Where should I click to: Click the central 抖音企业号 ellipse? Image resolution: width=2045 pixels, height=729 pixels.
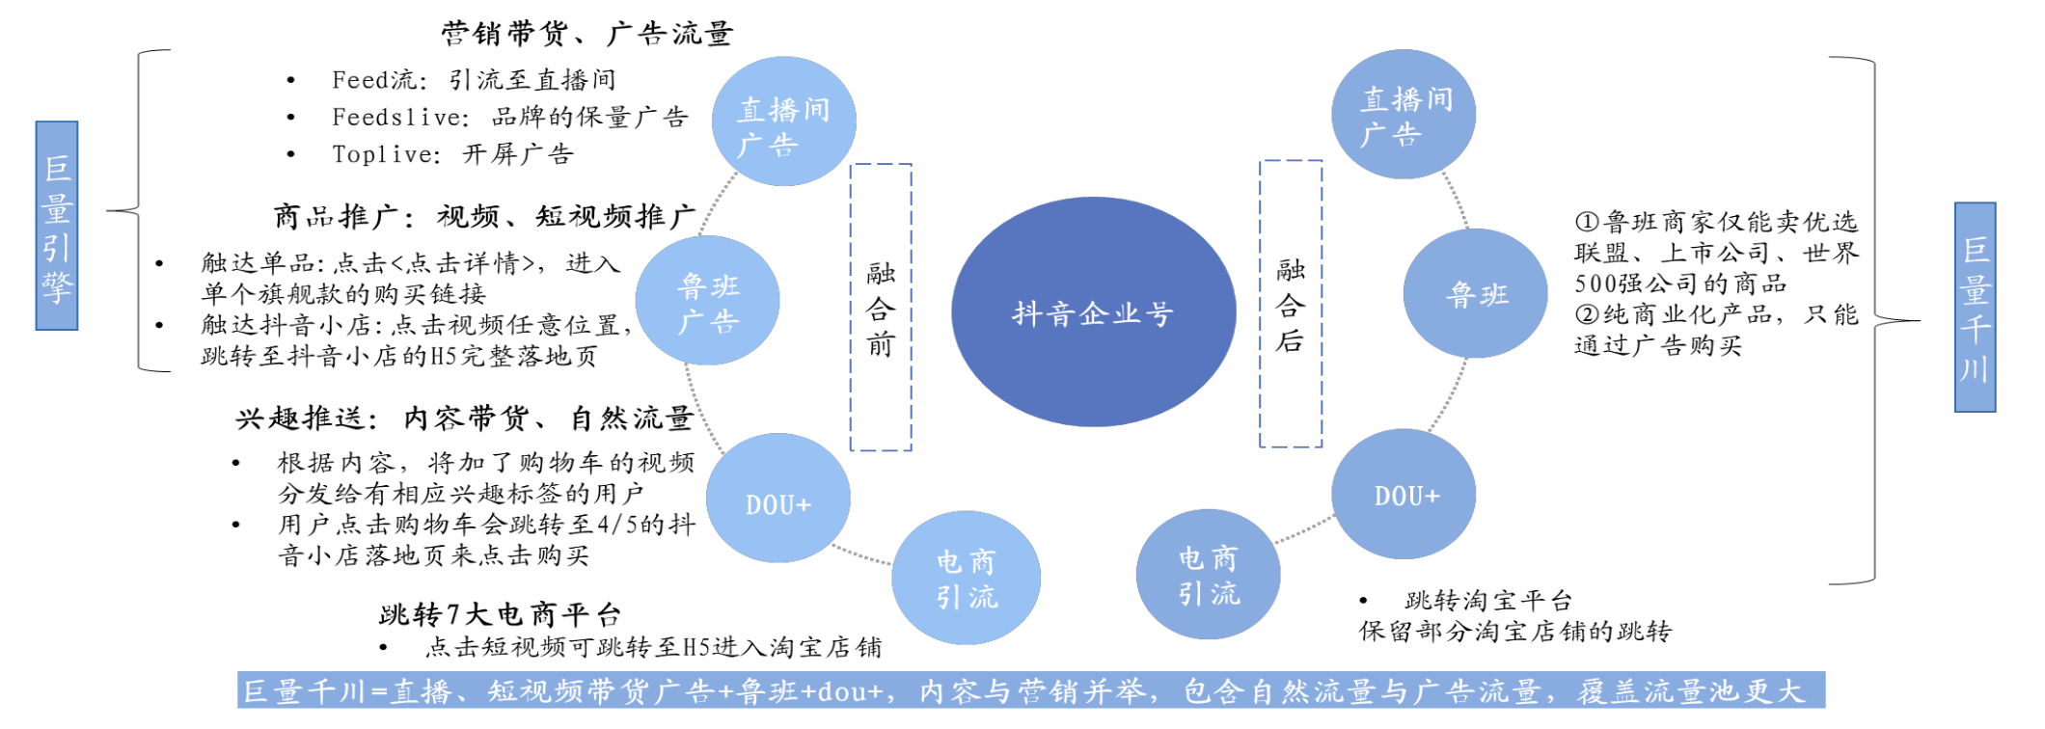[1093, 311]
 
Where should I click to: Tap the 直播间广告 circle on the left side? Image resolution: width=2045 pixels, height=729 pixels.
[783, 121]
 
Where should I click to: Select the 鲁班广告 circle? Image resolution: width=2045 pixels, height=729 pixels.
[708, 301]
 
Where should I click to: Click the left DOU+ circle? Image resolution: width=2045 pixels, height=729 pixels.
[777, 499]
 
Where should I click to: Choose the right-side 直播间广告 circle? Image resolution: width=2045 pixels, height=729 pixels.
[1404, 114]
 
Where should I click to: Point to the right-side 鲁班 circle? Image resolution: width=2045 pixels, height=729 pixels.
[1475, 293]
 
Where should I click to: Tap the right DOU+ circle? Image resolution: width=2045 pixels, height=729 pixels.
[1404, 494]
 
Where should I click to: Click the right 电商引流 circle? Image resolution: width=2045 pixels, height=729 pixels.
[1208, 575]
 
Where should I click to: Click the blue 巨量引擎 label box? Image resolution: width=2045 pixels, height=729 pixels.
[57, 226]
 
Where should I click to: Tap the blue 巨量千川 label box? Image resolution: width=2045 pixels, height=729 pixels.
[1975, 308]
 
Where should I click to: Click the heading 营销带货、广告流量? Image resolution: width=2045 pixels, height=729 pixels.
[587, 34]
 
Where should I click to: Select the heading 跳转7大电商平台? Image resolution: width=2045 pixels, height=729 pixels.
[500, 614]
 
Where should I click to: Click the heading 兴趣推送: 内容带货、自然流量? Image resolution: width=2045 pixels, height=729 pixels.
[464, 418]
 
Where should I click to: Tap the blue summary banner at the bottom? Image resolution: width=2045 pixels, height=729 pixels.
[1031, 690]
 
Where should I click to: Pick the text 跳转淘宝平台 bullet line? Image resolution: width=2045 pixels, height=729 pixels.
[1488, 601]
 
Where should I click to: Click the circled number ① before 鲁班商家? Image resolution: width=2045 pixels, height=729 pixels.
[1587, 222]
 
